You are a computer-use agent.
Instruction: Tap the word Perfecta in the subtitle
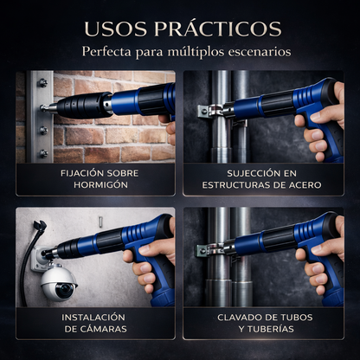click(x=109, y=52)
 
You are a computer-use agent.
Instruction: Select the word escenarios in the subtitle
click(x=254, y=52)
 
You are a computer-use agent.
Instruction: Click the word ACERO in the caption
click(x=303, y=184)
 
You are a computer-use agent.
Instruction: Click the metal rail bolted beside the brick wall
click(x=42, y=117)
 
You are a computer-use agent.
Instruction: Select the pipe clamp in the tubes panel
click(x=205, y=251)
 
